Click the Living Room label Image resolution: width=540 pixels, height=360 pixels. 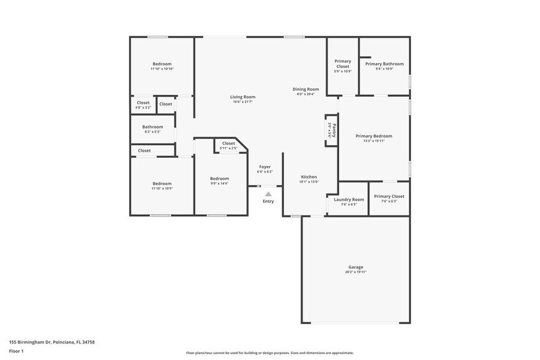(242, 97)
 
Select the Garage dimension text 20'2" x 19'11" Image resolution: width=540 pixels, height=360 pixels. (356, 272)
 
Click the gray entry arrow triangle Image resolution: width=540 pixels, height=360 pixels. (268, 194)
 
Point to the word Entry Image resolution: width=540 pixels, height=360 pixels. (268, 201)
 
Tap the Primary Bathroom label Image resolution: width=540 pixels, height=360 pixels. (384, 64)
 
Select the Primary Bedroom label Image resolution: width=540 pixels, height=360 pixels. (373, 136)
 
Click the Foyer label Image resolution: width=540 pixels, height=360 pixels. (264, 167)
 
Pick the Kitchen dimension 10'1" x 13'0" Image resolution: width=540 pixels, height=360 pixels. (309, 182)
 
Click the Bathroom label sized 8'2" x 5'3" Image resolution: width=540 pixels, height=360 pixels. (152, 127)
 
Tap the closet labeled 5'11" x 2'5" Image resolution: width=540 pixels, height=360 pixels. (228, 143)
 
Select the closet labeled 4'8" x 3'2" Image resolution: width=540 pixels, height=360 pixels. (143, 103)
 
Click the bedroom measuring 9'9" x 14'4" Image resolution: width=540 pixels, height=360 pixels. (219, 179)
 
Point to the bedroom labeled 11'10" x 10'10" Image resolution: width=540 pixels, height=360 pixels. (162, 64)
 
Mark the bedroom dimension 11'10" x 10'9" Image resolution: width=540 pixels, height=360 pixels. (162, 189)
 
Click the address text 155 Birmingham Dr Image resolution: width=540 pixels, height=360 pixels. (31, 342)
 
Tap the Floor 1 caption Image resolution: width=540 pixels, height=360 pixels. (16, 351)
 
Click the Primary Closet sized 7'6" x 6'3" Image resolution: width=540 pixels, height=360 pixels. (384, 197)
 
